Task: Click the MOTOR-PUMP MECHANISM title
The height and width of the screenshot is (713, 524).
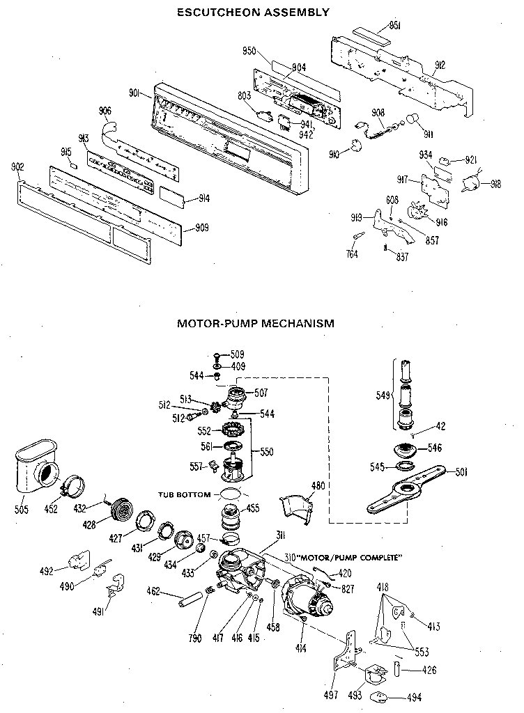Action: [255, 323]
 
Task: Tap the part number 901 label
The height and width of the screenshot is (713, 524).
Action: [135, 93]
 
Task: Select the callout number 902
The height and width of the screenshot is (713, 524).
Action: [18, 166]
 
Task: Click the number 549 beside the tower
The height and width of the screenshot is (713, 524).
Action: [383, 396]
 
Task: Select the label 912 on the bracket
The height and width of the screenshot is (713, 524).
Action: [440, 65]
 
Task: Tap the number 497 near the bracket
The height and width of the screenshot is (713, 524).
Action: [331, 695]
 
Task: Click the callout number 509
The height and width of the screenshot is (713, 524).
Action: [238, 354]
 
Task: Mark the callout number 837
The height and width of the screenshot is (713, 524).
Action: [402, 257]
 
